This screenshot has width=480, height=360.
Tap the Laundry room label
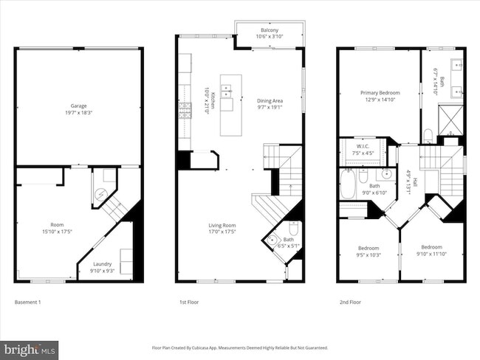tap(103, 266)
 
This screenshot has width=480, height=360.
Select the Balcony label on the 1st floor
tap(269, 33)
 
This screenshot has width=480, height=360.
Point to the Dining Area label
tap(269, 103)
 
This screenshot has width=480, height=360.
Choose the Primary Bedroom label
tap(379, 96)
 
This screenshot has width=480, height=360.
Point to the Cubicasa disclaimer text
tap(239, 347)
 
